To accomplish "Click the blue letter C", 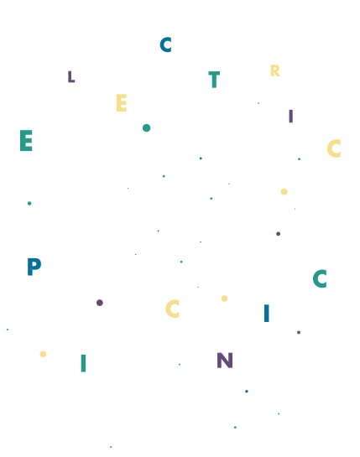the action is (165, 44).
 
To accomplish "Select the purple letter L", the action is (71, 77).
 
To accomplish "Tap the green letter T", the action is (214, 80).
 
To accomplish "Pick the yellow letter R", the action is (275, 70).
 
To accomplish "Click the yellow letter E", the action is (122, 102).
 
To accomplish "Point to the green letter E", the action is (26, 141).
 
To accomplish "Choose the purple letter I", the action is (290, 117).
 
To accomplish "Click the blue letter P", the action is (34, 267).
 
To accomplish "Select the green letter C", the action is (320, 278).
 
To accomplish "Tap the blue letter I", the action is (266, 313).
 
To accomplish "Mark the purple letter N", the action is (225, 361).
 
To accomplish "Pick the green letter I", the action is (83, 363).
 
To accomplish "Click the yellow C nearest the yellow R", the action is (334, 148).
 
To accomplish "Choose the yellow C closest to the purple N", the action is (172, 309).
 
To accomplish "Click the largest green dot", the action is (147, 128).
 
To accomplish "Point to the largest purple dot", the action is (100, 303).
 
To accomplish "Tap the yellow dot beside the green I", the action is (43, 354).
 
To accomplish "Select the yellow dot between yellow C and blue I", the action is (224, 299).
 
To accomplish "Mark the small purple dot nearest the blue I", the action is (299, 332).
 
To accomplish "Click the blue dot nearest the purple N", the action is (247, 391).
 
